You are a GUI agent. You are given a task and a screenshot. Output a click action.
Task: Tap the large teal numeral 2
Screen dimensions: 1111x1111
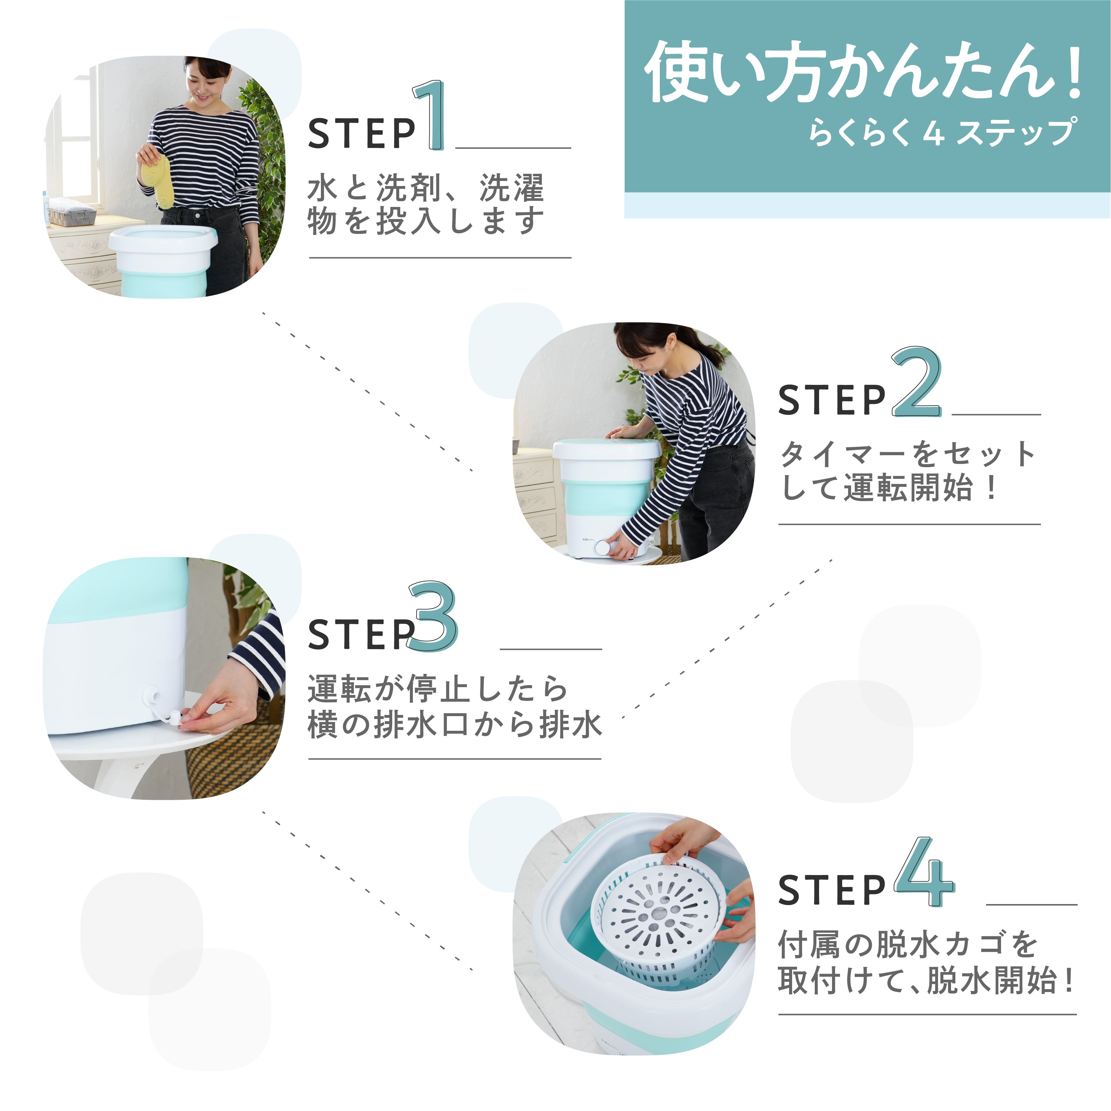[x=917, y=383]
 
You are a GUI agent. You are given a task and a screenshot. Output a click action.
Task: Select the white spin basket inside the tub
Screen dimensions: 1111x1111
[x=661, y=920]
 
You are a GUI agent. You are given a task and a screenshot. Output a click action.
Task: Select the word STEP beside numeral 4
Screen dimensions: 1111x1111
[x=831, y=890]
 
